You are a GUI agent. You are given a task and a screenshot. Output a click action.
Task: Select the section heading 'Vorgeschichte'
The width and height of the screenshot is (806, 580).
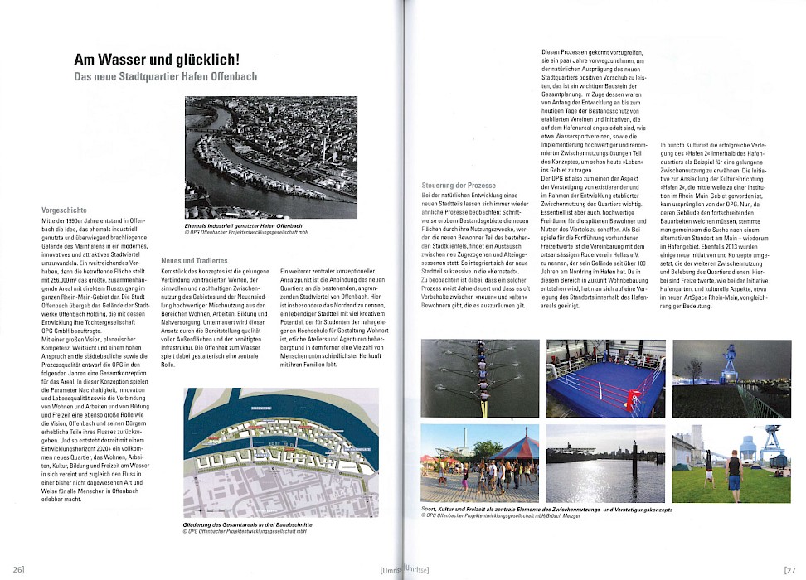pos(64,210)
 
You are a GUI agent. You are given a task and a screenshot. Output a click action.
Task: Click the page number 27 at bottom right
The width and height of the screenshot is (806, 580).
pos(788,569)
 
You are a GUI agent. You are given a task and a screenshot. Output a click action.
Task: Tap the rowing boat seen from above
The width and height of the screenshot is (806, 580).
pos(479,377)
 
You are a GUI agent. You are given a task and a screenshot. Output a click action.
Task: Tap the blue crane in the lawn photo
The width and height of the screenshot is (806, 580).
pos(774,443)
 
